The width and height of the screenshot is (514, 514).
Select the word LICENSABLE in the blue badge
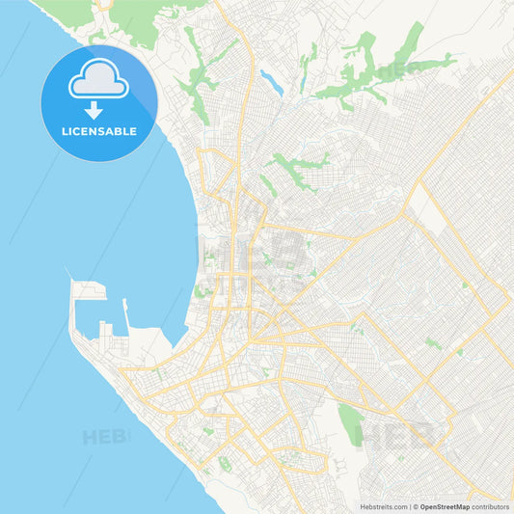point(99,130)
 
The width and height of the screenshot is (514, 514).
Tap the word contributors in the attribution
point(490,505)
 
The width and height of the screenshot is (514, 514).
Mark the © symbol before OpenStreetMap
point(416,505)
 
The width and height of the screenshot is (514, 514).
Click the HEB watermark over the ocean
point(104,436)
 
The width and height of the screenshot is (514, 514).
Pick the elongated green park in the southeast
point(349,420)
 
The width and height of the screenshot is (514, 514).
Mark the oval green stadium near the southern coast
point(225,464)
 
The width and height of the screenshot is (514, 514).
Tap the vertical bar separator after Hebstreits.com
point(409,505)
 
